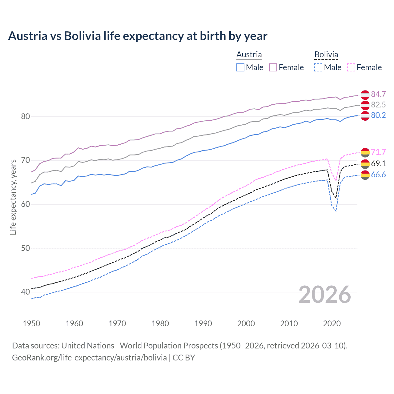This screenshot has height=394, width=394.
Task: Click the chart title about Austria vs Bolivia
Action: click(138, 36)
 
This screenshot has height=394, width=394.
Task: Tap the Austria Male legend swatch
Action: click(240, 67)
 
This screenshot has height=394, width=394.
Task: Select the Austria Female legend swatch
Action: click(273, 67)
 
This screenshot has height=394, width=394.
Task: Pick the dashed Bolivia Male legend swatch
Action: click(318, 67)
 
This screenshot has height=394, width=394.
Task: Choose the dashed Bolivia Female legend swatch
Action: click(351, 67)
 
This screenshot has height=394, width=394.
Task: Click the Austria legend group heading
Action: click(249, 54)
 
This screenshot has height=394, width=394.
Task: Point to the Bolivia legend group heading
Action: click(326, 54)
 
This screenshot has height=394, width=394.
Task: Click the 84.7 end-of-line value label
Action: click(378, 94)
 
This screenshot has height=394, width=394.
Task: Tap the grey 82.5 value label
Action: click(378, 105)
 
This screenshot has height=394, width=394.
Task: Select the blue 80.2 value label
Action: click(378, 115)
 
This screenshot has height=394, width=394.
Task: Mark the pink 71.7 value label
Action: click(378, 152)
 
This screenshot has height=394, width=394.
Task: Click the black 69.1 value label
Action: click(378, 163)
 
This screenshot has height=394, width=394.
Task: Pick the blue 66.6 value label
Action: click(378, 175)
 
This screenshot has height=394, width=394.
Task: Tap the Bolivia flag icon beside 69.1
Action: click(365, 163)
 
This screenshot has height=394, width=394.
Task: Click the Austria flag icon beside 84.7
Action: click(365, 94)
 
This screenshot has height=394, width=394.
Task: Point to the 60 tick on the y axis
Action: click(26, 204)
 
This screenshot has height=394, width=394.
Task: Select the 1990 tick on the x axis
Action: click(203, 324)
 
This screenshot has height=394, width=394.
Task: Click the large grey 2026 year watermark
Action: click(325, 295)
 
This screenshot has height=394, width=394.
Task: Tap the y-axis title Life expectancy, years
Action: click(13, 197)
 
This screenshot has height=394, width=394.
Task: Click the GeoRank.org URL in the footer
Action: click(89, 358)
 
